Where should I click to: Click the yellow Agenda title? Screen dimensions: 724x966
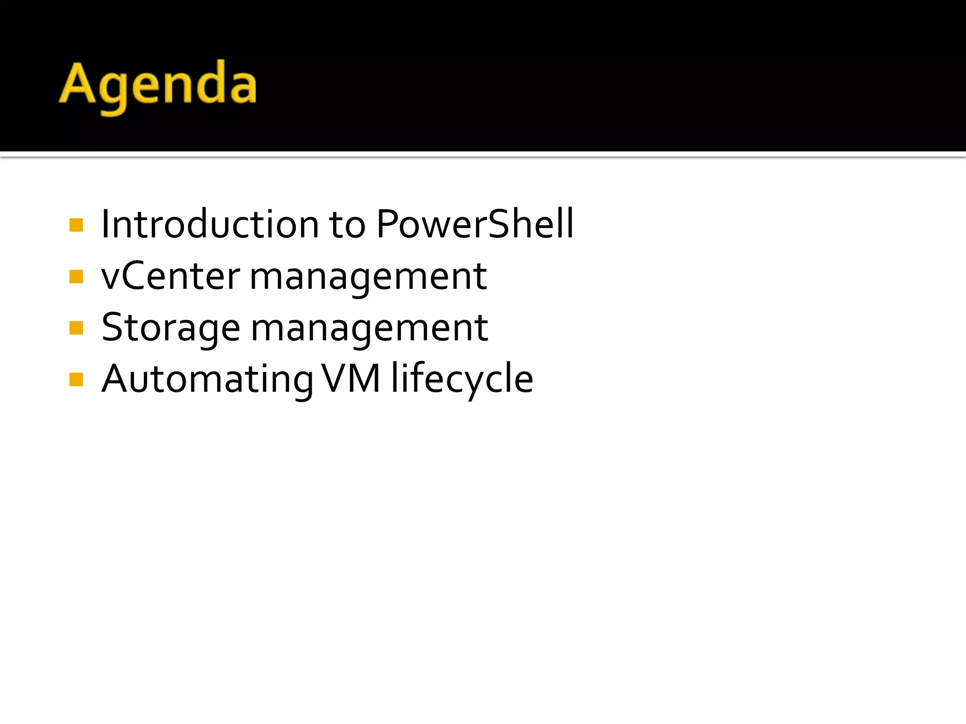click(x=158, y=85)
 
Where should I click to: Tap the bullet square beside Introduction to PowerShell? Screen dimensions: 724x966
click(x=76, y=225)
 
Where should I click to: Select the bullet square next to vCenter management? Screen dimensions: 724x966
click(x=76, y=276)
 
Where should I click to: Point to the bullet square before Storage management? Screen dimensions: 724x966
click(x=76, y=328)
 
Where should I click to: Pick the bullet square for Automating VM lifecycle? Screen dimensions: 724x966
click(x=76, y=379)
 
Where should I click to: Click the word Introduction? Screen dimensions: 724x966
click(x=210, y=224)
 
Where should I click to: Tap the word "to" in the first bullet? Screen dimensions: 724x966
click(x=347, y=225)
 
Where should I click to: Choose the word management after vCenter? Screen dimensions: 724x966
click(x=368, y=278)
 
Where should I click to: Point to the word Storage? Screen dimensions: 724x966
click(x=171, y=329)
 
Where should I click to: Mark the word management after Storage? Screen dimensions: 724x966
click(x=369, y=329)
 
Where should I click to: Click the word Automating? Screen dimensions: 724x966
click(x=208, y=380)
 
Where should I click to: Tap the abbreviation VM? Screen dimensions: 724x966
click(x=351, y=378)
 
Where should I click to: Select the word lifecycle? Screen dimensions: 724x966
click(x=462, y=379)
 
